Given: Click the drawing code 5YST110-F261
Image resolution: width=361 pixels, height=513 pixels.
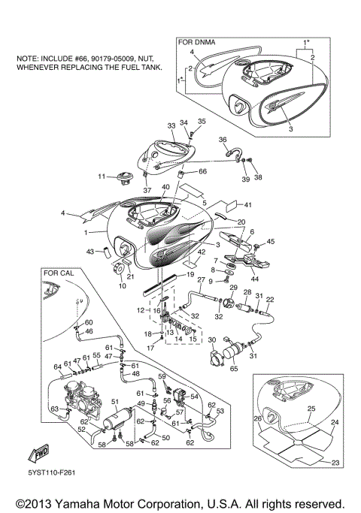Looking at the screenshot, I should pyautogui.click(x=50, y=473).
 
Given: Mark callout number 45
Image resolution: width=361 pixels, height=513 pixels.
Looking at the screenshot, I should pyautogui.click(x=271, y=242).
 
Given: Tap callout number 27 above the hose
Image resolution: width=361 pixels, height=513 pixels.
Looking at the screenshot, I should pyautogui.click(x=202, y=279).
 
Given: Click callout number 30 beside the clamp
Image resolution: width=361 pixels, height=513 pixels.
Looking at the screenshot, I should pyautogui.click(x=212, y=341).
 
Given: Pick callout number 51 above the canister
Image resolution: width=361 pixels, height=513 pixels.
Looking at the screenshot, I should pyautogui.click(x=115, y=403).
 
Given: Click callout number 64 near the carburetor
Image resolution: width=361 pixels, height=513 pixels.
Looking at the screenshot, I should pyautogui.click(x=57, y=367).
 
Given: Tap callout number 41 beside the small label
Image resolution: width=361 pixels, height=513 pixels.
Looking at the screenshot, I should pyautogui.click(x=249, y=204).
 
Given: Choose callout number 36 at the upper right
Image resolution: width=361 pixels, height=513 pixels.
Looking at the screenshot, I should pyautogui.click(x=223, y=140).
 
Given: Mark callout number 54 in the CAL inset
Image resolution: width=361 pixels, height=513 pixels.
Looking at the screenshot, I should pyautogui.click(x=194, y=396).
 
